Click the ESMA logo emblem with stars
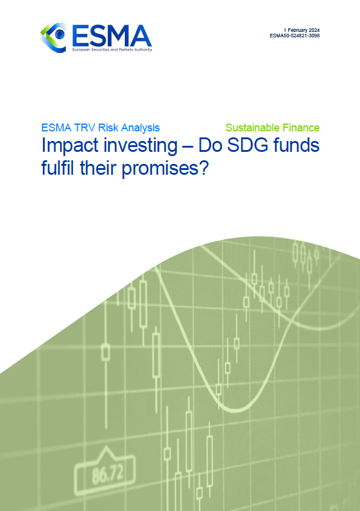pos(53,38)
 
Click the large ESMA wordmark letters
pos(112,36)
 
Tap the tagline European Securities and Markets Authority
pos(112,50)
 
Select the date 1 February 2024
pos(302,30)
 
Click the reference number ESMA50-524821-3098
pos(294,36)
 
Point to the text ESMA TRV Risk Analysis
pos(101,127)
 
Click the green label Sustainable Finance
pos(273,127)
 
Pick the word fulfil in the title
pos(58,168)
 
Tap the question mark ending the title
pos(203,168)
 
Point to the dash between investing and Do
pos(188,147)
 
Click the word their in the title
pos(98,168)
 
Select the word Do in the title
pos(210,145)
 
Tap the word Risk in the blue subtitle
pos(109,127)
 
